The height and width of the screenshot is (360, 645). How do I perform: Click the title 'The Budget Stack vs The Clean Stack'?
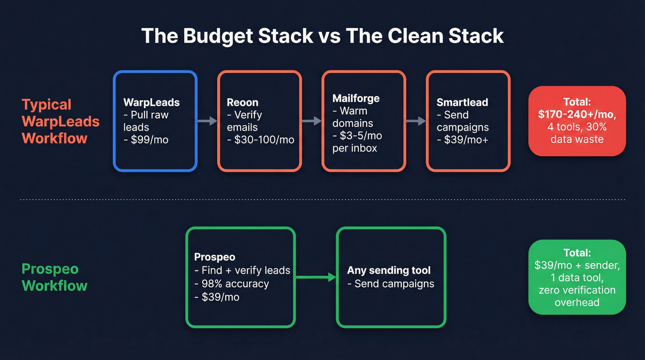(x=322, y=36)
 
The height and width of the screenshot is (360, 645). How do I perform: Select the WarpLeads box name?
(x=151, y=102)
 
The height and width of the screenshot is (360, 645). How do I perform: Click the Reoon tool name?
(x=243, y=102)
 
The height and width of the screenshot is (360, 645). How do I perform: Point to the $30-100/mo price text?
(x=261, y=140)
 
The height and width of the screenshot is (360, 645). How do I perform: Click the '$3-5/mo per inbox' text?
(x=358, y=142)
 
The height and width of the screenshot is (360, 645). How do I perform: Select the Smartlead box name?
(x=463, y=102)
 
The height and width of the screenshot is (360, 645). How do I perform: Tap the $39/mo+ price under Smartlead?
(x=459, y=140)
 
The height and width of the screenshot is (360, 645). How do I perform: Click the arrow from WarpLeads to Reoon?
(x=207, y=121)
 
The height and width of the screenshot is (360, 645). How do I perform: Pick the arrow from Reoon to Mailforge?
(x=312, y=121)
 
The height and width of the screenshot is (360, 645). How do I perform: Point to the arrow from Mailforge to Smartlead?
(x=416, y=121)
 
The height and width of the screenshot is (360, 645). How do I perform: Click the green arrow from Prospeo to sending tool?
(x=316, y=277)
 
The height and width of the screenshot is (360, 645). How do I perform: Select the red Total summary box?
(x=577, y=121)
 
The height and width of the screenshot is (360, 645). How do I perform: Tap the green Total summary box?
(x=577, y=277)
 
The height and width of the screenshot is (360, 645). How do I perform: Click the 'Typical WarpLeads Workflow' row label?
(x=60, y=121)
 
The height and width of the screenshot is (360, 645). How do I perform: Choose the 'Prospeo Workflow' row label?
(x=54, y=277)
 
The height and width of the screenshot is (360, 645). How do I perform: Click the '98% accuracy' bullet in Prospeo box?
(x=232, y=283)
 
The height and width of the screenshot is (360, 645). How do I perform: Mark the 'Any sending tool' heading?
(x=389, y=270)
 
